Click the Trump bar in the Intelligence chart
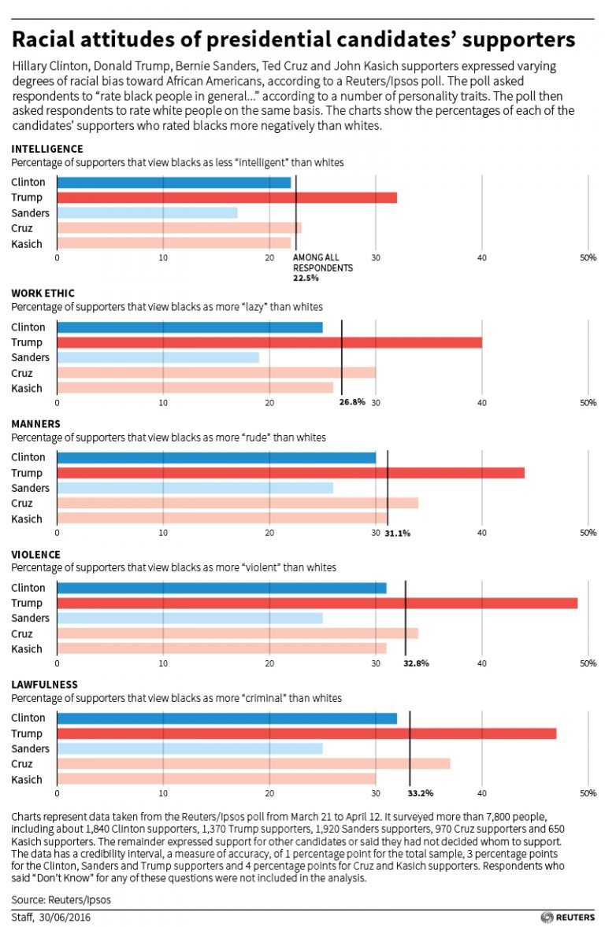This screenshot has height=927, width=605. pos(227,198)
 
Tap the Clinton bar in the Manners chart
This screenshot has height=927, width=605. pos(216,457)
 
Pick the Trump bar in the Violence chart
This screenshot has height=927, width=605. pos(317,603)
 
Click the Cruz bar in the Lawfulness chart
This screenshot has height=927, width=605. pos(253,763)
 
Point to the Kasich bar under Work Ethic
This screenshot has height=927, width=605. pos(195,387)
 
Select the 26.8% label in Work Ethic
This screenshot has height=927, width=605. pos(352,402)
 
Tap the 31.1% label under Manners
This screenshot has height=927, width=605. pos(397,533)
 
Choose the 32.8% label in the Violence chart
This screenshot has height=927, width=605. pos(416,663)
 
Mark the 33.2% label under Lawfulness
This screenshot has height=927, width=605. pos(421,793)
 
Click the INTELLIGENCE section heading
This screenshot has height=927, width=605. pos(46,149)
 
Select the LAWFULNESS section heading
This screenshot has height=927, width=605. pos(44,685)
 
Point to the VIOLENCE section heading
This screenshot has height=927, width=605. pos(35,554)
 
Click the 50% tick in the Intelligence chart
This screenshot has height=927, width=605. pos(588,257)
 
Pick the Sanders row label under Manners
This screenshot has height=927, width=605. pos(31,488)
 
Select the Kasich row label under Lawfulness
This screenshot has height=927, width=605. pos(27,779)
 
